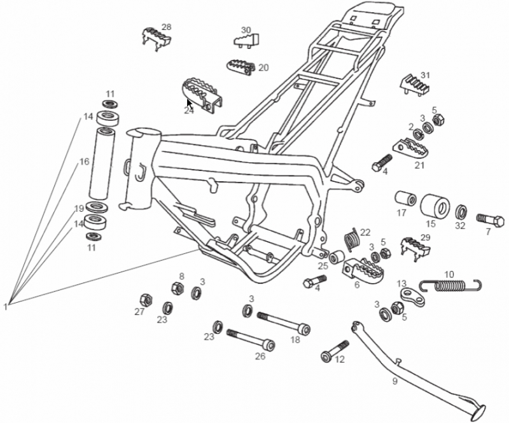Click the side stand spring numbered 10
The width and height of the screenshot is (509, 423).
coord(451,285)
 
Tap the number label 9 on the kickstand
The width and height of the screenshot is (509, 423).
coord(394,381)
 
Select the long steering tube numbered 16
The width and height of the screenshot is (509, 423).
coord(102,163)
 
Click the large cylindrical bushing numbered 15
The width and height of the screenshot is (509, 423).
coord(435,207)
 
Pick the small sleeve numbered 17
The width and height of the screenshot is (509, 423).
coord(405,198)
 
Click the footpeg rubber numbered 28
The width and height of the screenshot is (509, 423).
coord(157,39)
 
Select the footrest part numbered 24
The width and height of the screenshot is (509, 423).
coord(202,95)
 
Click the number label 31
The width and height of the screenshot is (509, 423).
coord(425,75)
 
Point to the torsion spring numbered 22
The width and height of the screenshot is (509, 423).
coord(351,239)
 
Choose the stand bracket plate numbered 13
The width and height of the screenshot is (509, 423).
coord(412,296)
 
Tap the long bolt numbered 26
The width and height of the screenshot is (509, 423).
coord(251,338)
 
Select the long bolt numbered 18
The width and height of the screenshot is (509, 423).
coord(283,323)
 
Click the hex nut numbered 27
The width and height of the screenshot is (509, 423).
coord(146,299)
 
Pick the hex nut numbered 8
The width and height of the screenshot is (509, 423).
coord(178,288)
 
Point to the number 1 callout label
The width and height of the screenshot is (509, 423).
coord(5,306)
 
